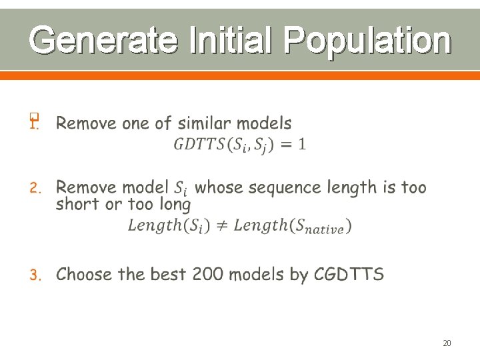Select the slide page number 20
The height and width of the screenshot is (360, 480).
pyautogui.click(x=447, y=343)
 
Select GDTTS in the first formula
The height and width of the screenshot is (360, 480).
pyautogui.click(x=199, y=144)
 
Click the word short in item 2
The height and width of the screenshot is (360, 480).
pyautogui.click(x=78, y=204)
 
